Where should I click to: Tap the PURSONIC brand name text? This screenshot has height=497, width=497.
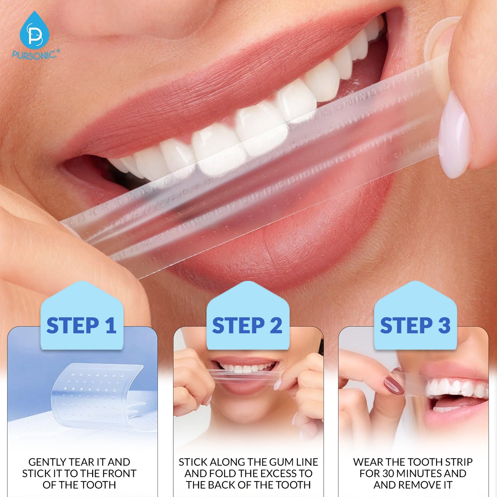pos(34,55)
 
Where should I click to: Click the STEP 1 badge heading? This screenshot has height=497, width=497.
pos(82,325)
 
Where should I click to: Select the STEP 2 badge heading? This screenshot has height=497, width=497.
pos(247,325)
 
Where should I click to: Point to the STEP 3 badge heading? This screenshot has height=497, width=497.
pos(415,325)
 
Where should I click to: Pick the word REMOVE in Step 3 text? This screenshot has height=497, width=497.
pos(415,485)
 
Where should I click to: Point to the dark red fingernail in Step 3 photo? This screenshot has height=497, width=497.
pos(393,385)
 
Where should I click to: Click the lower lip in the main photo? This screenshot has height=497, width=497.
pos(285,241)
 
